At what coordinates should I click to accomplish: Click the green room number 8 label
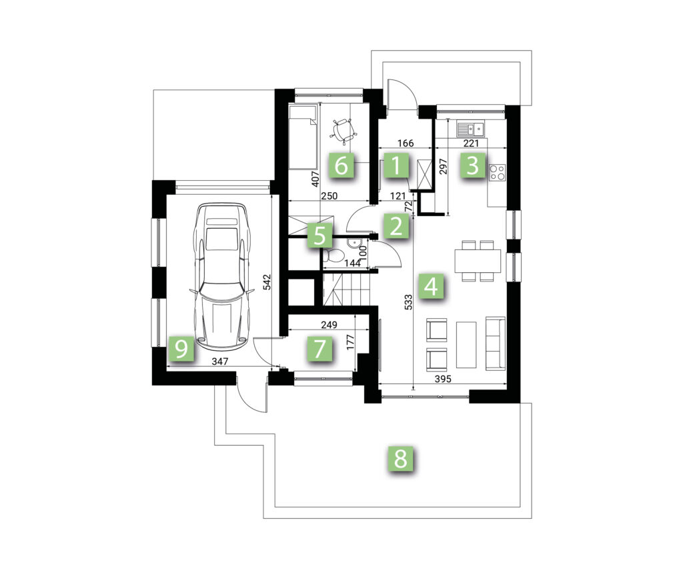coord(400,458)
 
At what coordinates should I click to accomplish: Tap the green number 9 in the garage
coord(181,348)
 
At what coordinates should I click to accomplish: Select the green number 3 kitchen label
coord(473,165)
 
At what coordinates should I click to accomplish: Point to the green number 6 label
coord(341,165)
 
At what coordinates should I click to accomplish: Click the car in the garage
coord(222,277)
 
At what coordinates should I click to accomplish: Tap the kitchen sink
coord(470,129)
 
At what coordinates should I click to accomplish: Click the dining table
coord(478,261)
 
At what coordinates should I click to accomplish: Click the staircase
coord(346,288)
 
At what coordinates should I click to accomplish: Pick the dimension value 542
coord(267,282)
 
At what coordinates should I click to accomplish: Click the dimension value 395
coord(444,379)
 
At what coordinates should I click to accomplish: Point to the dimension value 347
coord(220,361)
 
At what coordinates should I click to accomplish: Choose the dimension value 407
coord(317,179)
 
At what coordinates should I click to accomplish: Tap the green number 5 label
coord(319,236)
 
